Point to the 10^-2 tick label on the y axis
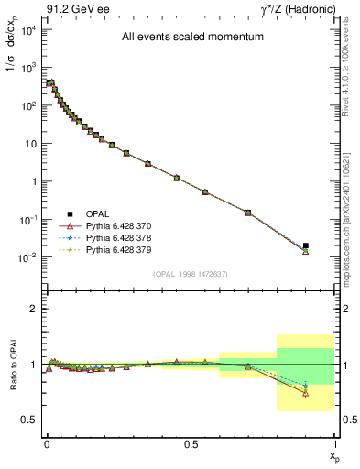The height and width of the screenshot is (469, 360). coord(27,257)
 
